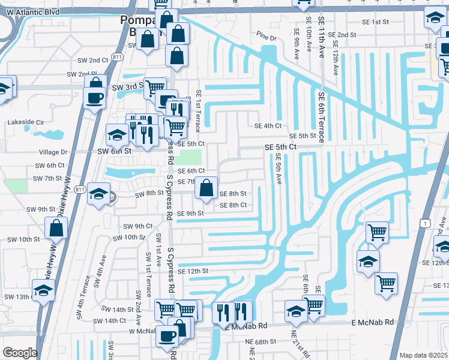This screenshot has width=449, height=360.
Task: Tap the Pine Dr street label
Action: [265, 38]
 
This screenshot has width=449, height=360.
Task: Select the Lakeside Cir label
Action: [26, 122]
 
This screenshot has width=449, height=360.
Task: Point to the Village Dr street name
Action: [53, 152]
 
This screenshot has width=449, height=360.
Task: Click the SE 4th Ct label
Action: [268, 126]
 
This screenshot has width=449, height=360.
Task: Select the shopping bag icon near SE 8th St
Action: [206, 188]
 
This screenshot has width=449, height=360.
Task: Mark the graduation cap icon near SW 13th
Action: [43, 291]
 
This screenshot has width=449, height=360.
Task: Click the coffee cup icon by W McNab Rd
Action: [167, 336]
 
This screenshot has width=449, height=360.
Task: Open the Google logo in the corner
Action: [20, 353]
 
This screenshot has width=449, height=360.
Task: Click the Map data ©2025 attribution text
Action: [424, 355]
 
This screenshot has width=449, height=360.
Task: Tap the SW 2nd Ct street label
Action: [90, 61]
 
